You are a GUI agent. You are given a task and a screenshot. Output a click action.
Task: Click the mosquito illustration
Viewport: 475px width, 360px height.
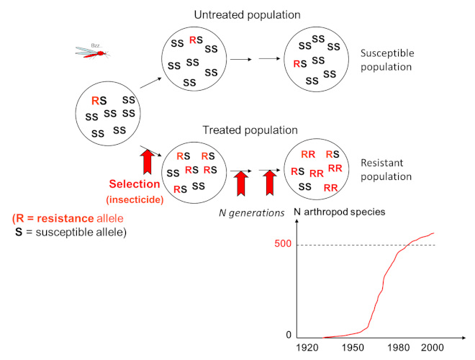91,52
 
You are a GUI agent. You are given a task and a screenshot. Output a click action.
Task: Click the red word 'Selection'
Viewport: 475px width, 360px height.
134,184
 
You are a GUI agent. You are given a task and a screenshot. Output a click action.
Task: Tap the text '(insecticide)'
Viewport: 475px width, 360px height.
135,199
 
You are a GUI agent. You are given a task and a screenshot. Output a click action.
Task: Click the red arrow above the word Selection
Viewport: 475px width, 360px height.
148,160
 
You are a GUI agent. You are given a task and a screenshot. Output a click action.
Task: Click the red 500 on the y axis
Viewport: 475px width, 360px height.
282,244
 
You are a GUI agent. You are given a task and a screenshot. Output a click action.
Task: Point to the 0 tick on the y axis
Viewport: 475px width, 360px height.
289,335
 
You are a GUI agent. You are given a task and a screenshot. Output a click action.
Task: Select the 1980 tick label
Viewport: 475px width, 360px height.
403,348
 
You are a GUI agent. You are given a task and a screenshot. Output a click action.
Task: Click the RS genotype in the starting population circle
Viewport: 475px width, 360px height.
99,101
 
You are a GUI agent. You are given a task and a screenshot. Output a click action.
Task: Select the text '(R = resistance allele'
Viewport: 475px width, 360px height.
68,217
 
